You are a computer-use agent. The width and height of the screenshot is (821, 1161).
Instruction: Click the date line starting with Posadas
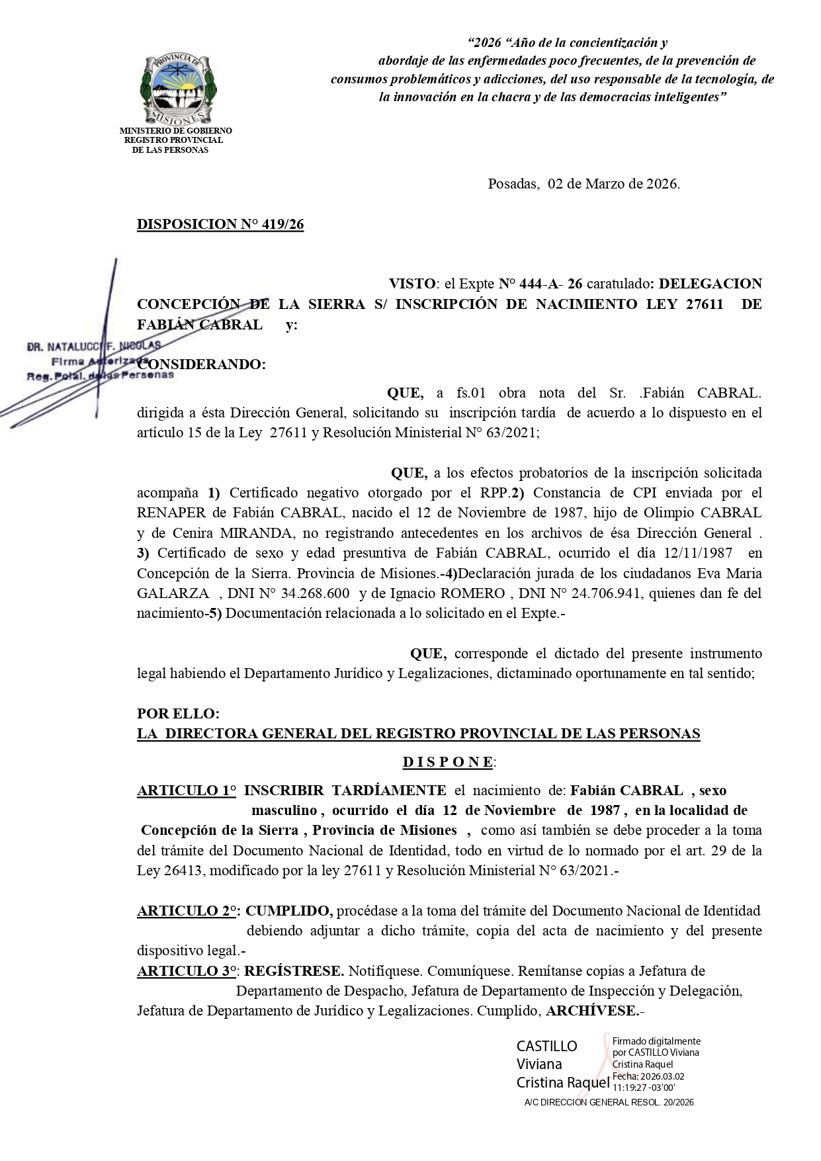[x=583, y=184]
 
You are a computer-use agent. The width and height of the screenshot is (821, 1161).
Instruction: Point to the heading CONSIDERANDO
[x=201, y=365]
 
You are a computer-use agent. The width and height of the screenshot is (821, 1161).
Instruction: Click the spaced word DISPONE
[x=448, y=762]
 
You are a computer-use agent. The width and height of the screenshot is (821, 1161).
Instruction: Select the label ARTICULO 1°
[x=186, y=790]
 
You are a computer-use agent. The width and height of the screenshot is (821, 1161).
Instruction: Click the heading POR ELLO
[x=177, y=714]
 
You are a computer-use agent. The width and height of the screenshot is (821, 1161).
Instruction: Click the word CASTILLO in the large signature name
[x=546, y=1046]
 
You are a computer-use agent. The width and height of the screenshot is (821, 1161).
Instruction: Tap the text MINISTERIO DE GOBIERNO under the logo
[x=175, y=131]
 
